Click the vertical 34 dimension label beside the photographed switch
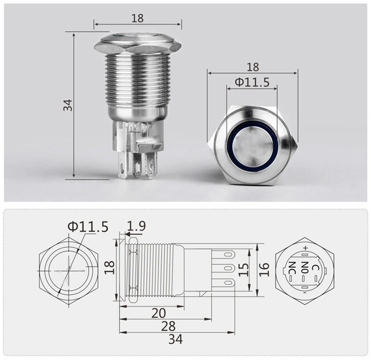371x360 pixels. click(68, 105)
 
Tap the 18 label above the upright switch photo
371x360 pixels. click(137, 18)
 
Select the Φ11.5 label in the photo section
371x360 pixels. click(252, 82)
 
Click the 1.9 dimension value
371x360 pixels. click(136, 226)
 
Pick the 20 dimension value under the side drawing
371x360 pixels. click(159, 313)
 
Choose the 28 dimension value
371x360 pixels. click(168, 326)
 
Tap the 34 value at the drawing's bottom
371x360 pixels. click(176, 339)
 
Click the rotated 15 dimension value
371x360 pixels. click(244, 270)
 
